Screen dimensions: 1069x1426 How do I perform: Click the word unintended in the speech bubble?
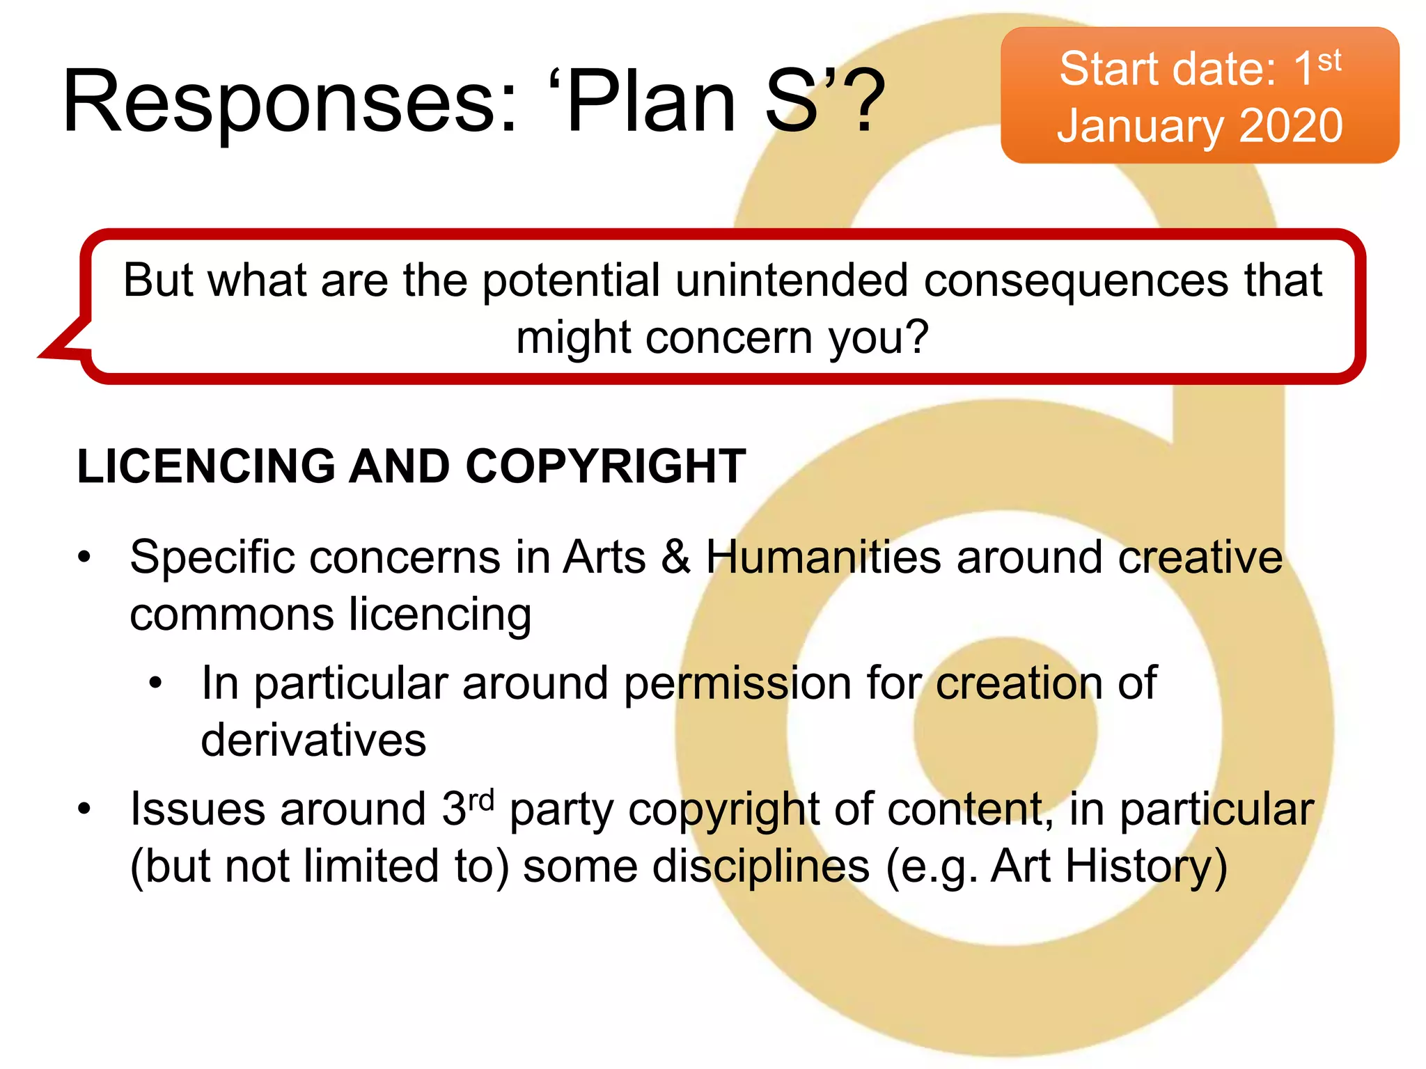point(792,280)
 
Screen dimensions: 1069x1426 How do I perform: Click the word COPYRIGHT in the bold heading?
point(605,466)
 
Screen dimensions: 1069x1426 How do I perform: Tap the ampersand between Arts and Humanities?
point(675,557)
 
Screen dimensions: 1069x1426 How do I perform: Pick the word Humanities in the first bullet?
point(823,557)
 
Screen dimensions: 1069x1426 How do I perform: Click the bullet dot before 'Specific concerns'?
point(84,557)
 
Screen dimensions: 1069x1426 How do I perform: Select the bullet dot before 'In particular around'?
point(156,683)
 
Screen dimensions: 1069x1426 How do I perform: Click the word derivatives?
point(313,740)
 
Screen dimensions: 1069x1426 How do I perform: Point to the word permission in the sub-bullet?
point(737,683)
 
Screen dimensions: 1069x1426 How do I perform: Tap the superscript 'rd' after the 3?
point(480,800)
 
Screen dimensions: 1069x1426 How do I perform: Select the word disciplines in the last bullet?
point(760,866)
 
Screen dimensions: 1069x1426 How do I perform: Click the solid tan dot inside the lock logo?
point(1005,728)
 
